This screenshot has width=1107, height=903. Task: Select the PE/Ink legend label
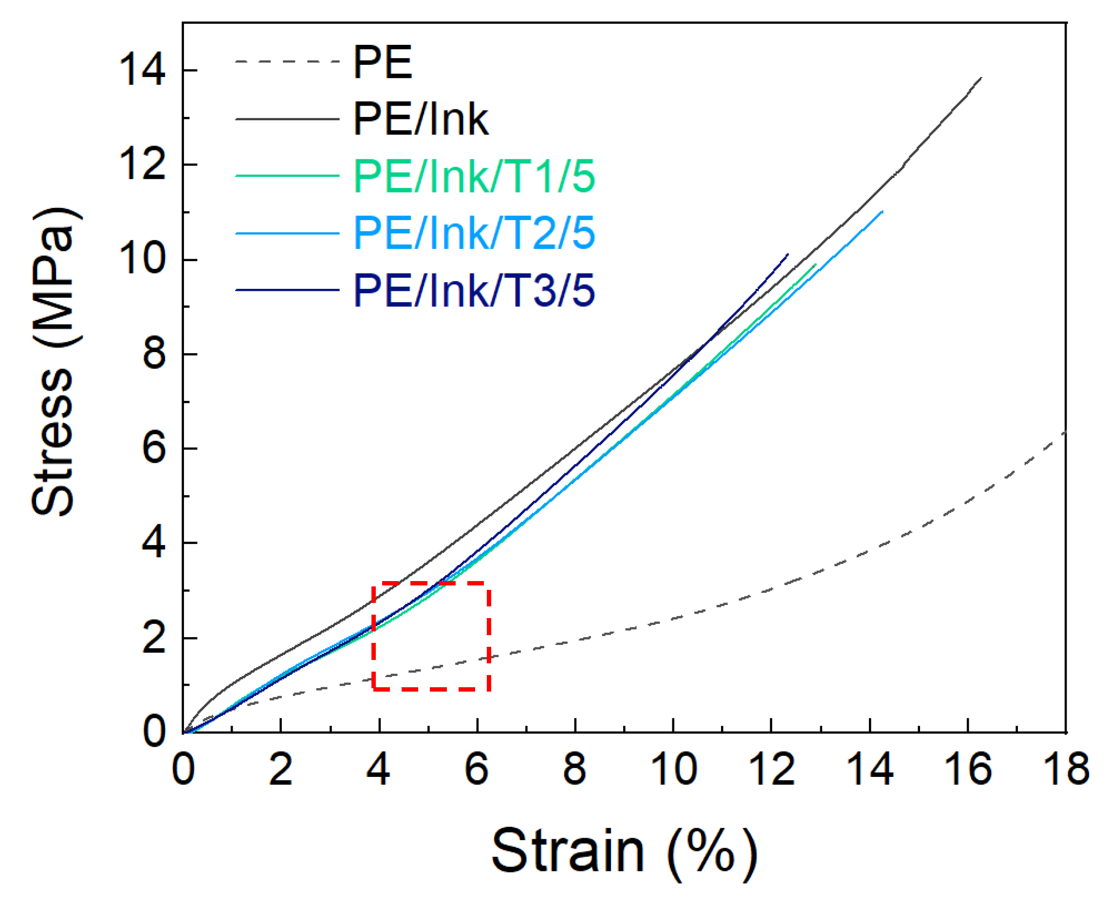(x=420, y=120)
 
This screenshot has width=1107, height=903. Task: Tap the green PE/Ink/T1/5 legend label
(x=473, y=177)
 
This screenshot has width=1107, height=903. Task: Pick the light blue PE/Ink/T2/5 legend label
(x=473, y=234)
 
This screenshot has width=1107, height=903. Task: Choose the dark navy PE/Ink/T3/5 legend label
(x=473, y=291)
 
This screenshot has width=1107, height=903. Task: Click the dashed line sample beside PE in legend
(x=287, y=62)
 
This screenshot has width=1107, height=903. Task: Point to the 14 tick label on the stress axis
(x=142, y=70)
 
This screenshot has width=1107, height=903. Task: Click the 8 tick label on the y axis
(x=154, y=354)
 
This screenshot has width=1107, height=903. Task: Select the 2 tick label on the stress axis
(x=154, y=638)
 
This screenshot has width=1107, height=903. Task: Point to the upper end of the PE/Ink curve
(x=980, y=78)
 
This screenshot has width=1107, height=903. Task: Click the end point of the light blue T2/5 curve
(x=882, y=211)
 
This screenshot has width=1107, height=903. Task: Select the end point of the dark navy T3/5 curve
(x=787, y=254)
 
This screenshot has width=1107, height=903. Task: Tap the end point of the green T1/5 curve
(x=815, y=264)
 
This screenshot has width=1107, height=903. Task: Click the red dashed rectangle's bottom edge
(x=431, y=689)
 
